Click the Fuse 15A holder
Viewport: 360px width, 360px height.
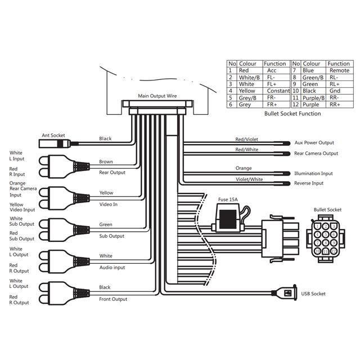click(x=228, y=218)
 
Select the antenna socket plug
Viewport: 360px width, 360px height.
click(x=55, y=144)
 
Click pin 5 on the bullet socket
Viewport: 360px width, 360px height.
click(x=326, y=235)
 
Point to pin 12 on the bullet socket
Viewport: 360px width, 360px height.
click(x=334, y=251)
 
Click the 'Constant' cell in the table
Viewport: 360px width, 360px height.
click(x=278, y=91)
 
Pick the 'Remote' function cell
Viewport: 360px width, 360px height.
click(x=339, y=70)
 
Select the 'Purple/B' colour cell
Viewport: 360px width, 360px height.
click(x=313, y=98)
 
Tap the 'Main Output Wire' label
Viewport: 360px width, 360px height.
click(x=157, y=96)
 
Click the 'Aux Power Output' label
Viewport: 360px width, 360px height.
click(x=314, y=142)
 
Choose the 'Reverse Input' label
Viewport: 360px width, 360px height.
click(x=309, y=183)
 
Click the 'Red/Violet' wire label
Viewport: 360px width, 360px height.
click(x=246, y=139)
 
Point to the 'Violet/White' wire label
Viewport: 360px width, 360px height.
click(x=249, y=179)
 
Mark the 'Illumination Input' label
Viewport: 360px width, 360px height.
click(x=313, y=174)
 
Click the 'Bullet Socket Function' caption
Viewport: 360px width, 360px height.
click(x=292, y=114)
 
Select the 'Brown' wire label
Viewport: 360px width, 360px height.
click(x=106, y=161)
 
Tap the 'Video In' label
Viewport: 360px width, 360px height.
click(x=108, y=204)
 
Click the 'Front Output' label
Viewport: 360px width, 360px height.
click(x=113, y=299)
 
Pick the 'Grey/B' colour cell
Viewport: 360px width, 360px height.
click(x=247, y=98)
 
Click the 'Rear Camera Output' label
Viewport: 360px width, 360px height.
click(x=316, y=154)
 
